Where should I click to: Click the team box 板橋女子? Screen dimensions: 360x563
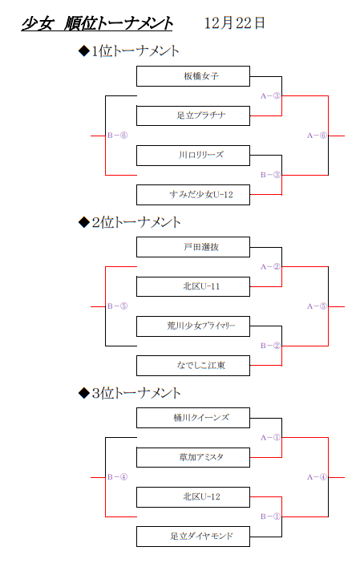click(x=193, y=76)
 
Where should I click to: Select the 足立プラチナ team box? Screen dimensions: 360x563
click(x=193, y=115)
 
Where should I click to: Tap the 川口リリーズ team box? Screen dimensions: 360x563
click(x=193, y=155)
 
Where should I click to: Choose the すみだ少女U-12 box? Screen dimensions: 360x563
click(x=193, y=195)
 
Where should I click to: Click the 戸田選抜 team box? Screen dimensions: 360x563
click(x=193, y=247)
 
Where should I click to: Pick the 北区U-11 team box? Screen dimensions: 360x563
click(x=193, y=286)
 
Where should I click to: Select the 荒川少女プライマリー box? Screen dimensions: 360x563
click(x=193, y=326)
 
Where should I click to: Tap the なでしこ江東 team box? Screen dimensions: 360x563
click(x=193, y=366)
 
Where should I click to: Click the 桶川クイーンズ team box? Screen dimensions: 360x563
click(x=193, y=418)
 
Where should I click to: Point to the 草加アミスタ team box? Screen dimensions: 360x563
click(x=193, y=457)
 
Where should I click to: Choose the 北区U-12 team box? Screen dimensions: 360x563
click(x=193, y=497)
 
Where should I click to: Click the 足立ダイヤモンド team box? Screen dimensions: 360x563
click(x=193, y=537)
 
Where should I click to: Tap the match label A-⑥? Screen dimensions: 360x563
click(x=317, y=136)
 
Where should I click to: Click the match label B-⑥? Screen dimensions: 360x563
click(x=117, y=136)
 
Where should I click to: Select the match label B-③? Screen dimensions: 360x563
click(x=270, y=175)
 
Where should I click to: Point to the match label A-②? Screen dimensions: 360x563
click(x=270, y=267)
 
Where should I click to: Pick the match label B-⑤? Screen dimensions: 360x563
click(x=117, y=306)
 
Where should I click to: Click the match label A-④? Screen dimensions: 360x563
click(x=317, y=477)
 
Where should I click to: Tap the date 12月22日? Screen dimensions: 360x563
click(x=235, y=23)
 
